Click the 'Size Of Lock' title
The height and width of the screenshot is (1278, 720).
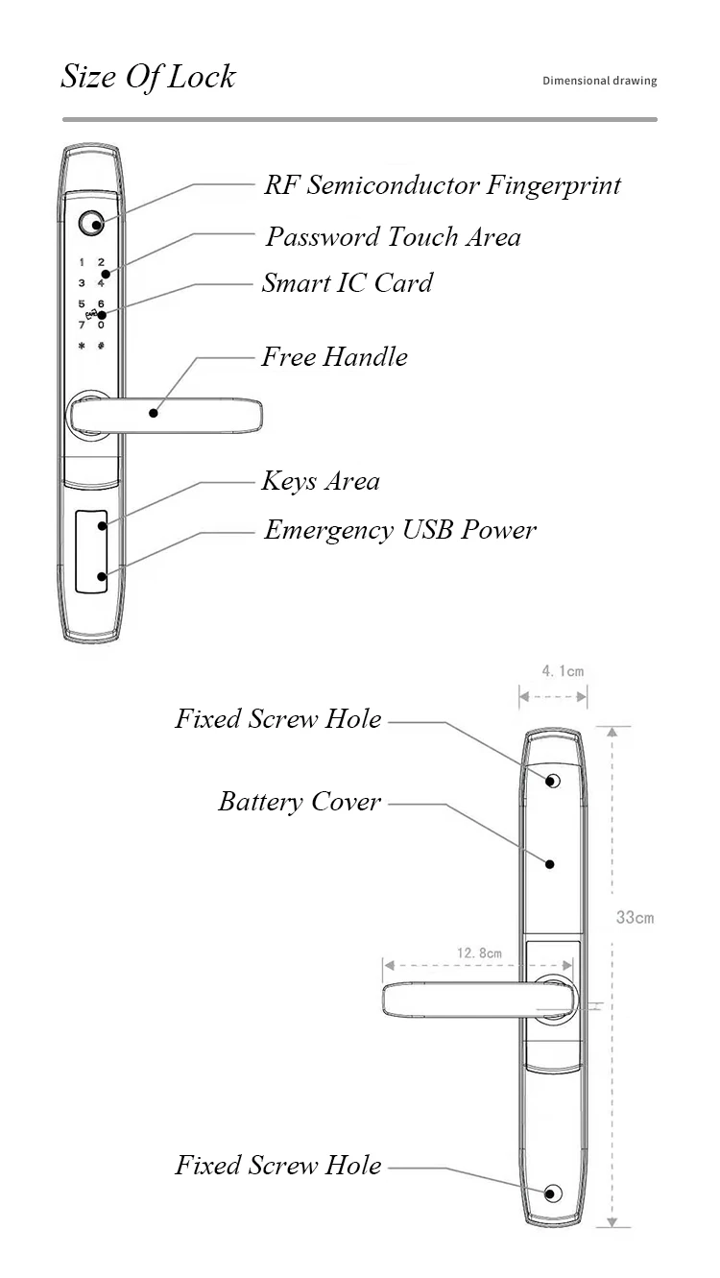click(148, 77)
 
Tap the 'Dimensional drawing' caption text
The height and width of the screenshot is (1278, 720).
click(600, 81)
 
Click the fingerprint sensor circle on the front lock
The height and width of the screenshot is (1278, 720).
click(90, 223)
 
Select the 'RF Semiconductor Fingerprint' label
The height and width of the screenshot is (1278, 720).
click(443, 185)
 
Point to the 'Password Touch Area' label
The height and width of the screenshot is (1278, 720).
click(393, 237)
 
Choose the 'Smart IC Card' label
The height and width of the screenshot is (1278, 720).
click(348, 282)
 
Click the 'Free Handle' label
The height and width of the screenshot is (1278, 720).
click(334, 357)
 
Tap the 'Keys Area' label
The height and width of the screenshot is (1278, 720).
click(321, 481)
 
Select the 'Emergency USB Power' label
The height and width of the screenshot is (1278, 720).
click(400, 530)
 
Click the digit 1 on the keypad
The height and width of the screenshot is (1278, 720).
click(83, 262)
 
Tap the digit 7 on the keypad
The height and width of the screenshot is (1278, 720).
click(82, 326)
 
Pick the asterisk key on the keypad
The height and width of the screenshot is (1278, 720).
click(82, 346)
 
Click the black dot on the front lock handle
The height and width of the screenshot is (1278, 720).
click(154, 413)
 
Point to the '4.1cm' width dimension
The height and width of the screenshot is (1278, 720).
click(563, 671)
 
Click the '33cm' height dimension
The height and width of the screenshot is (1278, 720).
click(635, 917)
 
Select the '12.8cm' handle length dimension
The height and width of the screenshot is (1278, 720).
click(479, 952)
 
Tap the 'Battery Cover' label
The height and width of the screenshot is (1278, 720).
click(300, 802)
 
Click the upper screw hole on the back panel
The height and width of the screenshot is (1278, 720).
click(552, 781)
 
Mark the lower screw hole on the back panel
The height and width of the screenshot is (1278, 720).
click(552, 1194)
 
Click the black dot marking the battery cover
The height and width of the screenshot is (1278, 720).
click(550, 864)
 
